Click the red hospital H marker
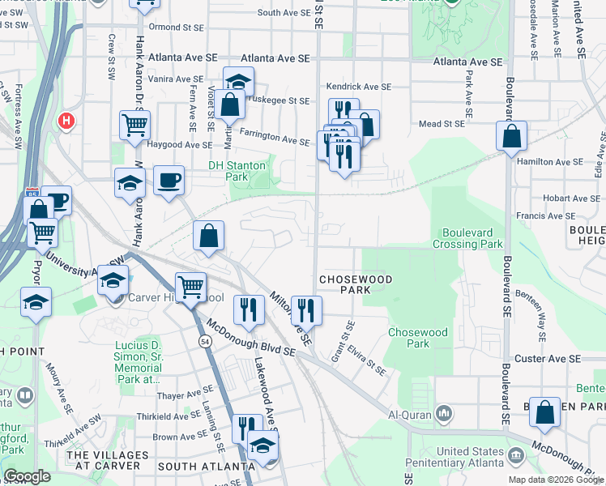66,122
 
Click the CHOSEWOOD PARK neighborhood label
356,284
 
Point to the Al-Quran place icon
444,415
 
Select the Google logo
26,476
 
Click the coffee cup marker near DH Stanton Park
169,180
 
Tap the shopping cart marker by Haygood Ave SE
134,126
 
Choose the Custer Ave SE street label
548,358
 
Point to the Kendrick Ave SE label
359,86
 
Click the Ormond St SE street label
176,27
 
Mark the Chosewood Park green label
417,338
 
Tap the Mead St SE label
442,124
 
